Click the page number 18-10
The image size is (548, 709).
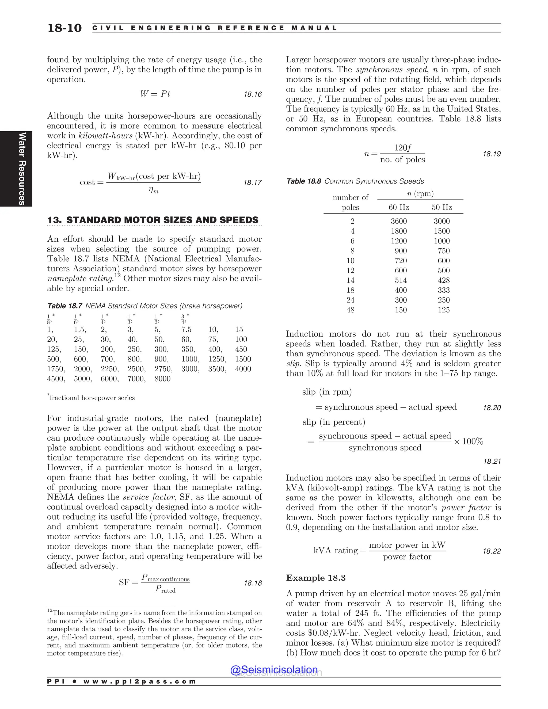pos(64,28)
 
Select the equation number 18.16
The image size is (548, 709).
pos(253,94)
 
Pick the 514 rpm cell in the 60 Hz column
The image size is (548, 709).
pos(401,280)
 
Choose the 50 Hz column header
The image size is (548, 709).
pos(442,207)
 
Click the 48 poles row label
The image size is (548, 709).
pos(350,310)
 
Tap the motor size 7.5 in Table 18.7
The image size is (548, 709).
pos(186,330)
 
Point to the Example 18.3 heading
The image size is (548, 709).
pos(315,578)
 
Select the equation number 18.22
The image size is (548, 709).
pos(492,551)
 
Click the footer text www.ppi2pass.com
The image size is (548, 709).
pos(140,681)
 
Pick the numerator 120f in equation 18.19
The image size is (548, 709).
pos(402,148)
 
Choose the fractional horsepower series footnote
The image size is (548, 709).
pos(92,398)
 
